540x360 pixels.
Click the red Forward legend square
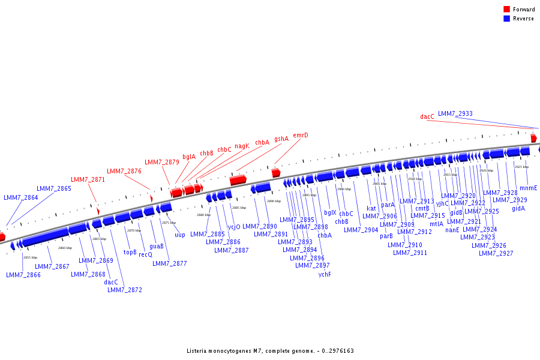507,10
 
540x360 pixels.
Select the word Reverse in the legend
524,19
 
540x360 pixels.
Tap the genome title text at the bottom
270,351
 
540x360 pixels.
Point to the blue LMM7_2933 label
455,113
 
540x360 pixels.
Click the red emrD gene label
301,136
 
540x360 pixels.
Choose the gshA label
281,139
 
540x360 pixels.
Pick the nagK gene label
242,146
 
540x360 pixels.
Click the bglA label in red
189,157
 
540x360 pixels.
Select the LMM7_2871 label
88,179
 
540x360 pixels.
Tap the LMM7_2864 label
20,197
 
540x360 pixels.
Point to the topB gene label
130,252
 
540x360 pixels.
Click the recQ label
145,254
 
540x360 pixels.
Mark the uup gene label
180,235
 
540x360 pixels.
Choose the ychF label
325,274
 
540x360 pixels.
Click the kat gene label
371,209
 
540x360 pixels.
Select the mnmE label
528,188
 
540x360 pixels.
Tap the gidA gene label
518,208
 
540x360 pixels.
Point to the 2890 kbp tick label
274,201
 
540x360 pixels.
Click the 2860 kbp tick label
65,248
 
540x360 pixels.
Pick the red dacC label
427,117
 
